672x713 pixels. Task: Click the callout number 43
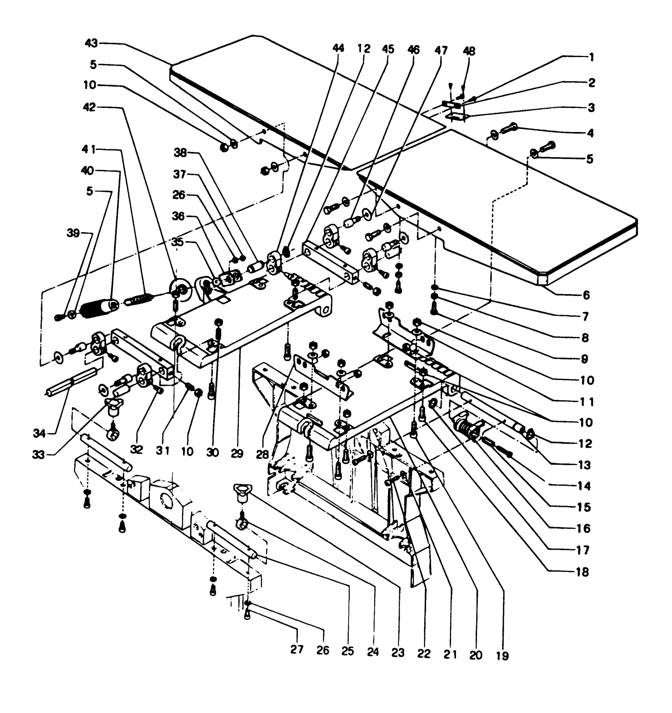91,43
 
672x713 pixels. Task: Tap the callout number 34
39,434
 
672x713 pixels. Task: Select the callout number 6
586,295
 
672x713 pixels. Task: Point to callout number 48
469,51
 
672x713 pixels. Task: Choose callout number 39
73,233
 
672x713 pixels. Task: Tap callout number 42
89,107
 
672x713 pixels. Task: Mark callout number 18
583,572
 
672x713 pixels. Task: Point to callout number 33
39,455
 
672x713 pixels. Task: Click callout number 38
180,153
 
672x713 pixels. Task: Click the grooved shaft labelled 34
72,382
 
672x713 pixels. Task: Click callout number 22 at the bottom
424,653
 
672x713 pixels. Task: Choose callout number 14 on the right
584,486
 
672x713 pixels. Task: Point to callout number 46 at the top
414,50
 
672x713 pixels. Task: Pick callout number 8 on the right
585,338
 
